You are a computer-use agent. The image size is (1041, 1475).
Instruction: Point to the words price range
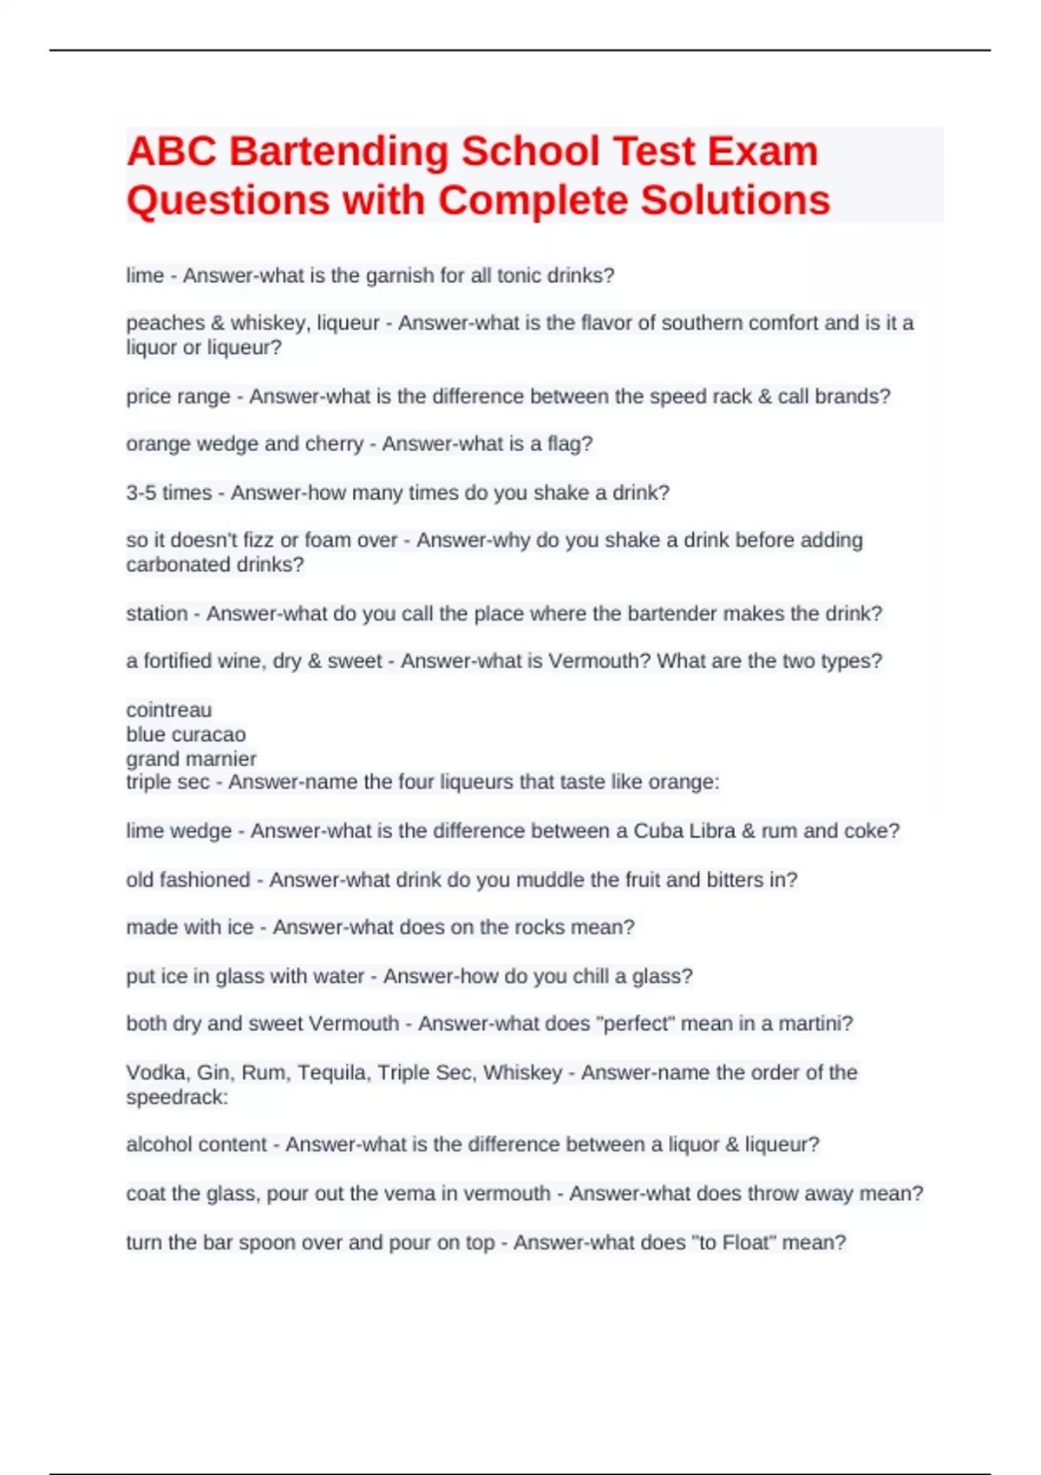tap(178, 397)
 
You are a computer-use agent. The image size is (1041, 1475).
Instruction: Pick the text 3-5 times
tap(168, 493)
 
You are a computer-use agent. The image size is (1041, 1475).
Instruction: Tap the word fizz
tap(259, 541)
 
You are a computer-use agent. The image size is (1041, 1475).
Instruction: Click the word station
tap(156, 614)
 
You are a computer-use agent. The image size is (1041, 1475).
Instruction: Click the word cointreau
tap(168, 710)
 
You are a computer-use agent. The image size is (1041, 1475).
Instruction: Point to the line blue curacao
tap(186, 735)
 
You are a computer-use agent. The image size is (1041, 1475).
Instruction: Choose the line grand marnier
tap(191, 759)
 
